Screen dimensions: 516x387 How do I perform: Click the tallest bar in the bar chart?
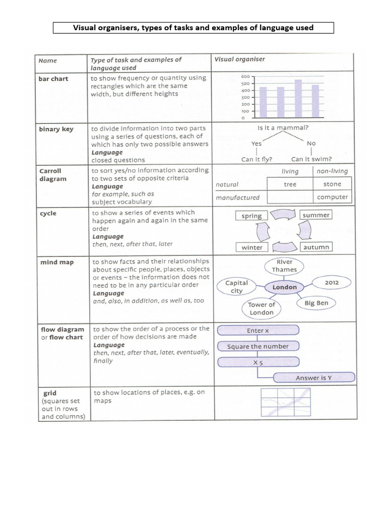click(x=298, y=98)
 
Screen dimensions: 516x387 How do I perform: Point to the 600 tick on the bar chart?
click(x=245, y=76)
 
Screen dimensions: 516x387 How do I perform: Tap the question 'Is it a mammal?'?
click(x=283, y=128)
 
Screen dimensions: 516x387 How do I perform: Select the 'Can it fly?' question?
click(x=257, y=159)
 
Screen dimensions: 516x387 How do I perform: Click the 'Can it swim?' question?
click(x=311, y=159)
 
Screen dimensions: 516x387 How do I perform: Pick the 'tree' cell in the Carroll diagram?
click(x=290, y=184)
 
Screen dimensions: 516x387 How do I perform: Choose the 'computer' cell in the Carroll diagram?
click(x=332, y=197)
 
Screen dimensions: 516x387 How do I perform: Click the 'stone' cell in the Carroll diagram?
click(x=332, y=184)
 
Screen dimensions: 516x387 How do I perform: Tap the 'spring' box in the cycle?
click(x=251, y=216)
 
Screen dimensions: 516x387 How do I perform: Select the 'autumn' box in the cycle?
click(x=316, y=247)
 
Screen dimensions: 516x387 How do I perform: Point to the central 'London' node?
click(x=285, y=287)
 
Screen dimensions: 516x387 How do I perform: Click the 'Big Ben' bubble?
click(x=316, y=303)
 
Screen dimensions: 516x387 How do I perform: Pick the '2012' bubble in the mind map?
click(x=332, y=283)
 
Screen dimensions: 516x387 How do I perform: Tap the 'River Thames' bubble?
click(x=285, y=266)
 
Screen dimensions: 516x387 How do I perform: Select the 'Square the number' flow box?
click(x=258, y=346)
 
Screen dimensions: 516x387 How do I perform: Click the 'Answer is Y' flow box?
click(x=313, y=377)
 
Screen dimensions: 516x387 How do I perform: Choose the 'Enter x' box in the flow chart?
click(x=258, y=331)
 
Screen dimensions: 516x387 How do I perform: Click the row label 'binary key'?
click(x=56, y=129)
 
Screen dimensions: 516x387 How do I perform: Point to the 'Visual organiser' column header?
click(x=239, y=59)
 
